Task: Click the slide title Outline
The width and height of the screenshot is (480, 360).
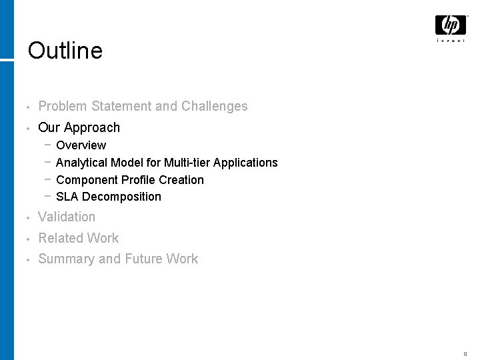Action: click(65, 51)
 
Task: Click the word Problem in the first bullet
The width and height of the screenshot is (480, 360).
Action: click(63, 106)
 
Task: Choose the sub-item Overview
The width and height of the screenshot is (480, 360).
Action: click(81, 145)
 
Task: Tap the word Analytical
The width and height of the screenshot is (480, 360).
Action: click(82, 163)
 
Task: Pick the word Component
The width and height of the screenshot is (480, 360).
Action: click(87, 180)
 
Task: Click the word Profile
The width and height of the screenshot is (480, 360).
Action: click(138, 180)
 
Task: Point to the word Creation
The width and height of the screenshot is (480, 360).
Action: click(181, 180)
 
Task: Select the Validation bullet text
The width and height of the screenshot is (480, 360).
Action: click(67, 217)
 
